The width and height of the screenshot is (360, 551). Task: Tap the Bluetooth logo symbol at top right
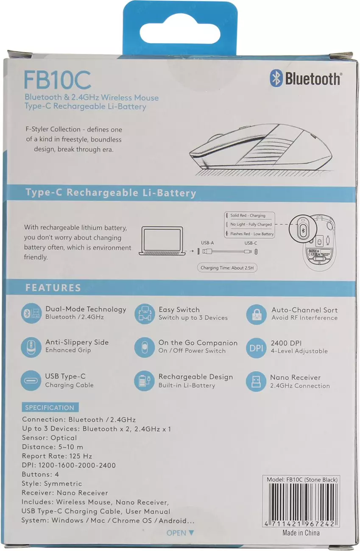tap(276, 78)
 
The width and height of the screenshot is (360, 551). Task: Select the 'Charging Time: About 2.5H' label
tap(227, 267)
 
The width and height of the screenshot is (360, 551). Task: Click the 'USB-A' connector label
tap(207, 243)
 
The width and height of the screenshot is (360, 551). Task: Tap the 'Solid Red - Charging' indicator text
tap(248, 215)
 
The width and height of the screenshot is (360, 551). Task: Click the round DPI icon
tap(256, 348)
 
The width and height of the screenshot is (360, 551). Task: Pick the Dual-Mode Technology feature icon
tap(31, 313)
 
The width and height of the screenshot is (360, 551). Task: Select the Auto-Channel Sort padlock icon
tap(257, 314)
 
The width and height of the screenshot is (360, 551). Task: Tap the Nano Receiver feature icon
tap(256, 381)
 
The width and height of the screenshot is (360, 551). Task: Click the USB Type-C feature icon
tap(31, 380)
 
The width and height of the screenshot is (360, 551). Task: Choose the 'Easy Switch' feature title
tap(179, 309)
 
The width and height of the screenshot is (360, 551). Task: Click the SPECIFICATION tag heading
tap(50, 407)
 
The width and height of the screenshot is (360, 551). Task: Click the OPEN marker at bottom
tap(180, 533)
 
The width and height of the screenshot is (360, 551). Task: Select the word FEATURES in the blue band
tap(53, 287)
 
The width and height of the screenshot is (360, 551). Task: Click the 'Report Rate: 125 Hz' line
tap(57, 456)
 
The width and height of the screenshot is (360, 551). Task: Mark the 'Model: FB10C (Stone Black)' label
tap(302, 479)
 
